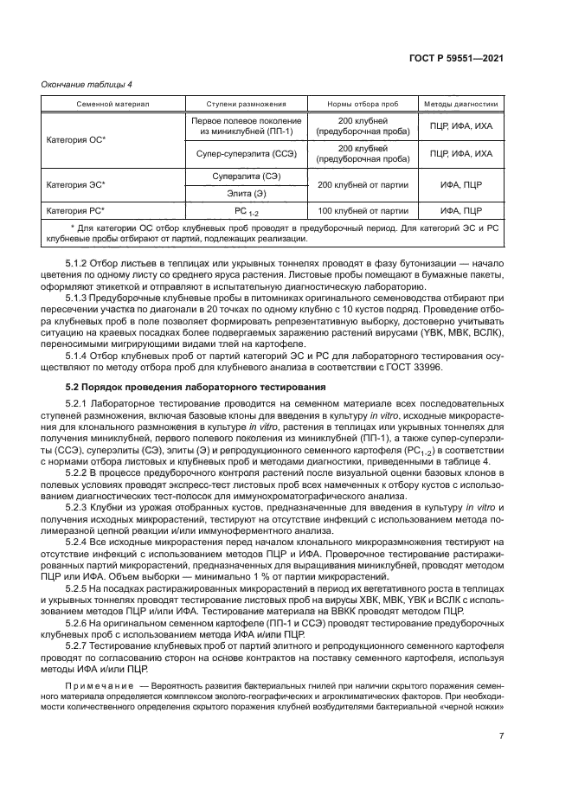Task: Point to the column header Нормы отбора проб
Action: point(363,104)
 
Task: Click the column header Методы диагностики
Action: point(460,104)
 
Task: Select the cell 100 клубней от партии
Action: point(363,210)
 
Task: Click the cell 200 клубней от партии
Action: point(363,185)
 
